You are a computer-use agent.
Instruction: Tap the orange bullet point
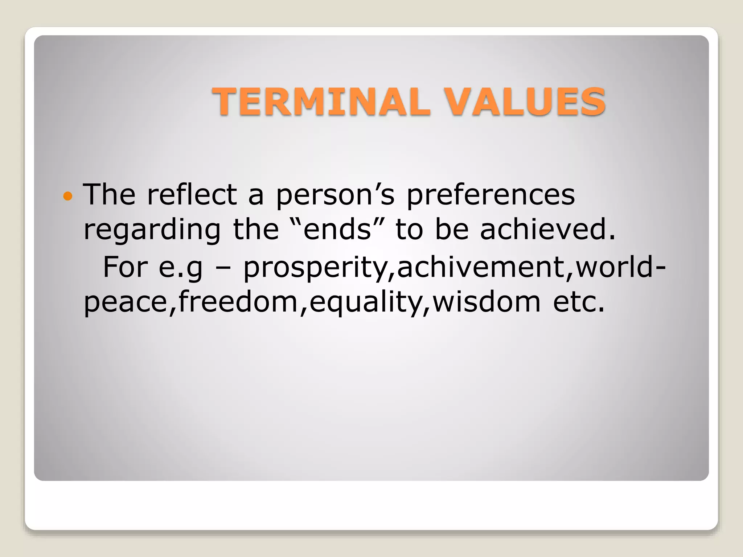coord(68,197)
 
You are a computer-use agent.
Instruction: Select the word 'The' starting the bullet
coord(109,194)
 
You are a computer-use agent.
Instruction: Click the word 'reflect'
coord(192,194)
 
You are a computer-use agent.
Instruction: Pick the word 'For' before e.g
coord(125,267)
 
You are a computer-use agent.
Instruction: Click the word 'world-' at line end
coord(620,267)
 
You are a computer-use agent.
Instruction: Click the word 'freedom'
coord(238,302)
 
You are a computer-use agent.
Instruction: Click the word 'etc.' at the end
coord(579,302)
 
